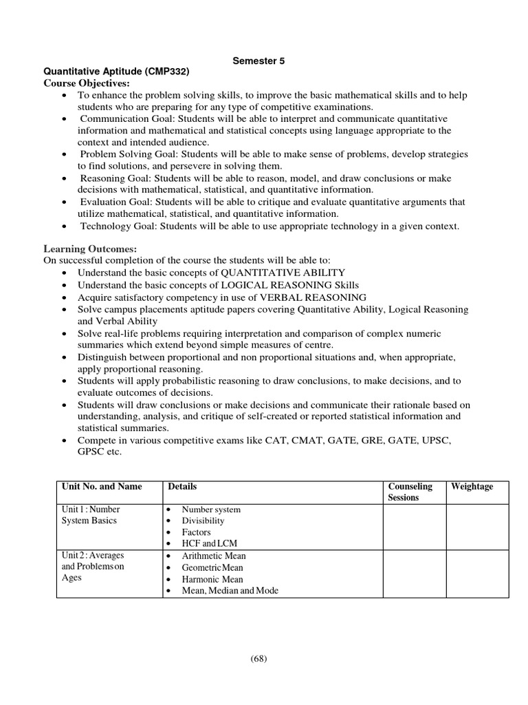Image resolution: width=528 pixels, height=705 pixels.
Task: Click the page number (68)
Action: tap(258, 658)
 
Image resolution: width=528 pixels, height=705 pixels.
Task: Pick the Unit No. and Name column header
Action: tap(102, 487)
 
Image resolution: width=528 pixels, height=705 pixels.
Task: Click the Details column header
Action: tap(182, 487)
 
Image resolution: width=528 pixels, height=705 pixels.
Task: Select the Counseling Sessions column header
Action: tap(410, 492)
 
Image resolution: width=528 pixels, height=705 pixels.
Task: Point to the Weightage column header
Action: tap(472, 487)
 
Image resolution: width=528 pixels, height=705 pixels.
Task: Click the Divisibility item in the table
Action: tap(203, 520)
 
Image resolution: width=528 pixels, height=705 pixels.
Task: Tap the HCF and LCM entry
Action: tap(209, 543)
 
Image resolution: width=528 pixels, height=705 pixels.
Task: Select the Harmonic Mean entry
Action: tap(212, 579)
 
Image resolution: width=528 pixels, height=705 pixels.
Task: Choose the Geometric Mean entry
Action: tap(213, 567)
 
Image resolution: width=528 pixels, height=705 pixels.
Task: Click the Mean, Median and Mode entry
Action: tap(230, 591)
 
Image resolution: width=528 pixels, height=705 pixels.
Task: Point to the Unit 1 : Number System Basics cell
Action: tap(91, 515)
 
